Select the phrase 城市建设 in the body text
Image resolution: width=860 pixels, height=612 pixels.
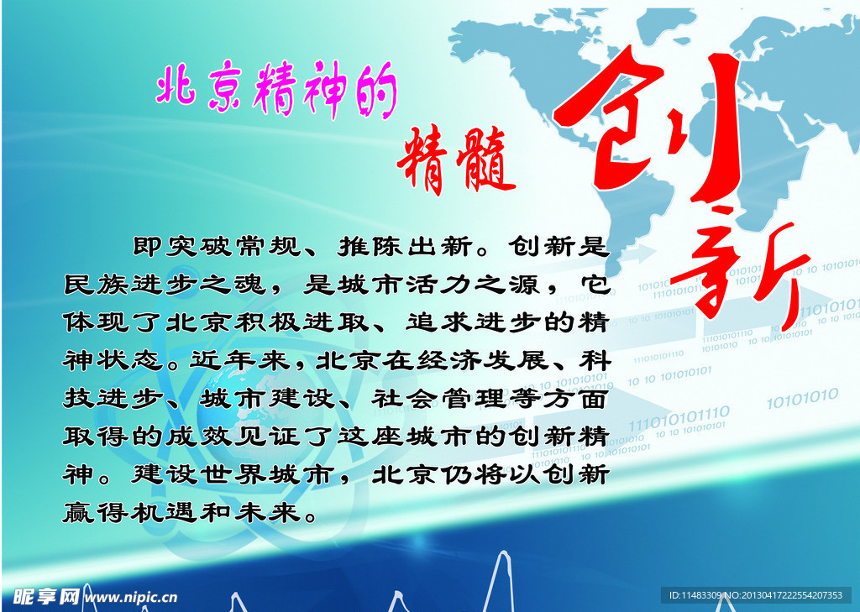tap(268, 399)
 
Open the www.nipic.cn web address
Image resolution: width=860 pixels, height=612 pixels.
tap(132, 597)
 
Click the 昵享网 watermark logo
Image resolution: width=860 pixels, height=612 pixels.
tap(46, 596)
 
